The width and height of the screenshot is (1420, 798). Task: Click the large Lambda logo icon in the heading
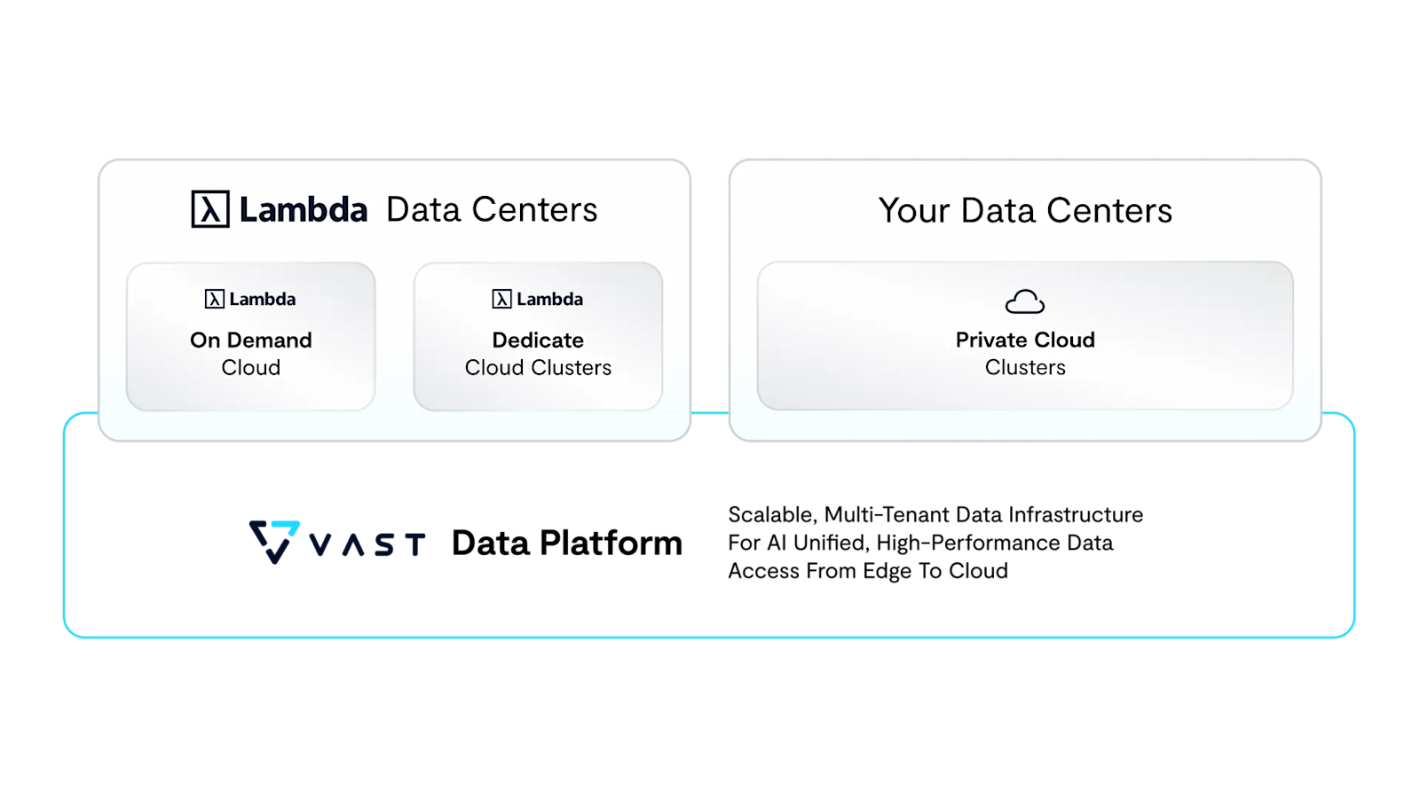coord(210,209)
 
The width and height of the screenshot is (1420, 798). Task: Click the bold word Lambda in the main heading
coord(303,210)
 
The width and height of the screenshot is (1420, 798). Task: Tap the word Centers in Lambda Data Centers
coord(534,210)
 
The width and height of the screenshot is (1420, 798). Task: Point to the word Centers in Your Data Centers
coord(1109,211)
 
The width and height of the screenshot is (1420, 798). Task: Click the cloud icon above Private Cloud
coord(1025,301)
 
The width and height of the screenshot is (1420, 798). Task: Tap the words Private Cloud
coord(1025,340)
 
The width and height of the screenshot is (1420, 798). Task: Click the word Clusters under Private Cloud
coord(1025,367)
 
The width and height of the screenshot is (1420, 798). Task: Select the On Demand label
coord(251,340)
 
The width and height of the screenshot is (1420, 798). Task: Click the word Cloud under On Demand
coord(251,367)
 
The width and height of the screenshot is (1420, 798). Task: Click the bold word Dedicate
coord(538,340)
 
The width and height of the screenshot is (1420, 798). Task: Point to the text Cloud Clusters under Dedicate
coord(538,367)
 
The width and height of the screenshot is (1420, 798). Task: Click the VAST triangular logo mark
coord(274,541)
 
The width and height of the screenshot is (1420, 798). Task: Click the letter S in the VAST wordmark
coord(384,544)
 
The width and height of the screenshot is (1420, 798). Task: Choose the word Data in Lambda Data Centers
coord(423,210)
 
